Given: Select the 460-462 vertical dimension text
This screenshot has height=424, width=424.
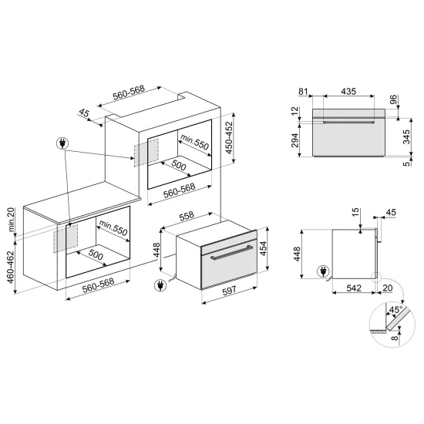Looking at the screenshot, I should click(9, 265).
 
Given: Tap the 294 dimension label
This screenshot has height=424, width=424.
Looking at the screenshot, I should click(293, 139).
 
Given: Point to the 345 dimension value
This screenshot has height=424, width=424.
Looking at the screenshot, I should click(407, 137).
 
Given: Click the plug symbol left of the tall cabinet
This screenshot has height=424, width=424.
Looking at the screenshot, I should click(61, 143).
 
